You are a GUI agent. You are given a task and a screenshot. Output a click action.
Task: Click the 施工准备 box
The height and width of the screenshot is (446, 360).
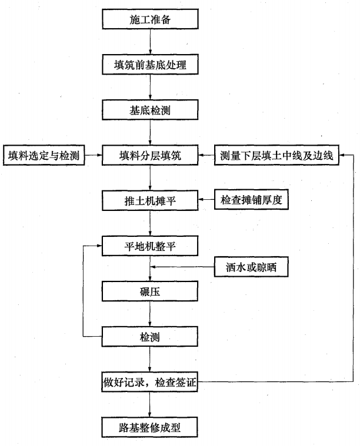click(150, 19)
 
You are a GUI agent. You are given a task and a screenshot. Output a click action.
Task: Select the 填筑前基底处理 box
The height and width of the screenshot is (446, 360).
click(150, 65)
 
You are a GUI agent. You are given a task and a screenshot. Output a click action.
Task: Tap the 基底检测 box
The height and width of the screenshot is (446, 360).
click(150, 110)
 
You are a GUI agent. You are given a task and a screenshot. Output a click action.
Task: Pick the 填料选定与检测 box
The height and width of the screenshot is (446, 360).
click(44, 155)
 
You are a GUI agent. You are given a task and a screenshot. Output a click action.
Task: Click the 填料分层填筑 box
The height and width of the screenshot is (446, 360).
click(150, 155)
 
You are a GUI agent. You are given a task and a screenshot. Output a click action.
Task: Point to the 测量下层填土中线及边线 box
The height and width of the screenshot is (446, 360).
click(276, 155)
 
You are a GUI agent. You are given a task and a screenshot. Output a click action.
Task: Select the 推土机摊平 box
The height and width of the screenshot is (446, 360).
click(150, 200)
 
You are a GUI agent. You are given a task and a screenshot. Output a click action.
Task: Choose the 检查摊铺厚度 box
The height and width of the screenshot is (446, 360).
click(251, 200)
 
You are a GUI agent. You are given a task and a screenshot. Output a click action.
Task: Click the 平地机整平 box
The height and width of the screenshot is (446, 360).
click(150, 246)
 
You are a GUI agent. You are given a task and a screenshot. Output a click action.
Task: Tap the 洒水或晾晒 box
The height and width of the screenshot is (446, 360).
click(251, 267)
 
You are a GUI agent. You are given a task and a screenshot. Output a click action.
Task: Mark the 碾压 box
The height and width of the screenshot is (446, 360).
click(150, 291)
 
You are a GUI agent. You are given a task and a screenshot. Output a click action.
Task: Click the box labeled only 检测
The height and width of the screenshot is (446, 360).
click(150, 337)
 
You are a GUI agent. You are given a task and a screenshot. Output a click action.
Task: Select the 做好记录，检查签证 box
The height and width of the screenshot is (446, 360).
click(149, 382)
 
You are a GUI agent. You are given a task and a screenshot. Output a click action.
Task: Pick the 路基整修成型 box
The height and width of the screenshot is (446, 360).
click(149, 427)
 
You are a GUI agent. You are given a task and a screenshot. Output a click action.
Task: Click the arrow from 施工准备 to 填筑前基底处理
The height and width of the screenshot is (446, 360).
click(150, 42)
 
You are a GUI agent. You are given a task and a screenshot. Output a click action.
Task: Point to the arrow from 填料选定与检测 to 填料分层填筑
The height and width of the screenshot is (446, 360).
click(94, 155)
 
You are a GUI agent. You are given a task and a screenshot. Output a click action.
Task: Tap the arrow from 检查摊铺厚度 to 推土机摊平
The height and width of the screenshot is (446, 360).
click(206, 200)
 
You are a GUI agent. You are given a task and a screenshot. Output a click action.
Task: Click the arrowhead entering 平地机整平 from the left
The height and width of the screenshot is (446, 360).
click(99, 246)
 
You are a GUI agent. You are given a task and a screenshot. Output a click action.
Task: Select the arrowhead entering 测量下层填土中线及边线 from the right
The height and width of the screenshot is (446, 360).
click(342, 155)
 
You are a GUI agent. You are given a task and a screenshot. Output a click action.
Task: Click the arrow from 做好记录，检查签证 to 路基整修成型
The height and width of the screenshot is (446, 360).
click(149, 404)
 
